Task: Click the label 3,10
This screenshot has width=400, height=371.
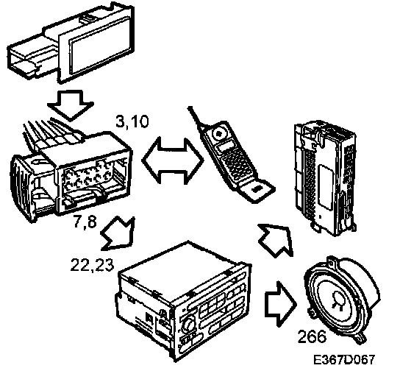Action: (x=132, y=121)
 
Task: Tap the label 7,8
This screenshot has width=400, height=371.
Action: (x=85, y=221)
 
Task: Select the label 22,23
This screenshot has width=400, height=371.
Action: (x=92, y=264)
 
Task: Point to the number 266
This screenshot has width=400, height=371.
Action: (x=312, y=336)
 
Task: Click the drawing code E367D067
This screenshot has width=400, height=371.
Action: (x=344, y=359)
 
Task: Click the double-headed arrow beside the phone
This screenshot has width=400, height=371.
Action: (x=173, y=160)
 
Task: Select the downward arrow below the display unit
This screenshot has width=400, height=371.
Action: (x=71, y=105)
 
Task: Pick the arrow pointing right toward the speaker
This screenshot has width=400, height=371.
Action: (x=281, y=304)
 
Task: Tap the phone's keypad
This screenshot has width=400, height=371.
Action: (x=236, y=163)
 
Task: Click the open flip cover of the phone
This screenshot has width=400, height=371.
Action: (x=257, y=190)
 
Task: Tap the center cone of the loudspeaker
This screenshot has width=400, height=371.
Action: (x=339, y=300)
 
